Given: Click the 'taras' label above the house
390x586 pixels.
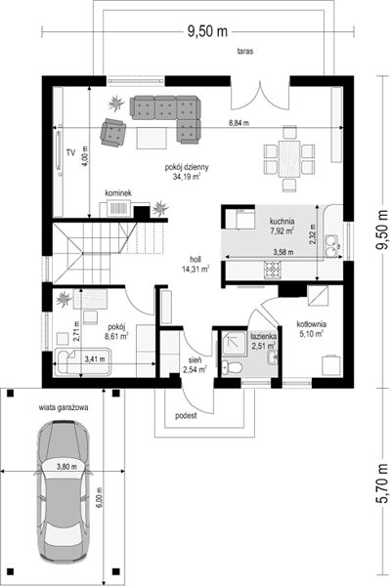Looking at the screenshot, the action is click(245, 51).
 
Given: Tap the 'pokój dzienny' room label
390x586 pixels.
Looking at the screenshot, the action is click(187, 167).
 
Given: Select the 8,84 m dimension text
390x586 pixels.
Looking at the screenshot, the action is click(239, 122).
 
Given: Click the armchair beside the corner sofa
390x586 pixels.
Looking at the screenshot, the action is click(113, 132).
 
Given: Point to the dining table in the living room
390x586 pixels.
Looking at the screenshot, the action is click(289, 158).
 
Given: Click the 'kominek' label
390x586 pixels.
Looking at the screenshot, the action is click(118, 193).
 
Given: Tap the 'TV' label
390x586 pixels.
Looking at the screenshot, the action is click(70, 152).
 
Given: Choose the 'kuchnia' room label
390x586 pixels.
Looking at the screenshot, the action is click(282, 221).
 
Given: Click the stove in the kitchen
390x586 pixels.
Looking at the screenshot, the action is click(273, 270).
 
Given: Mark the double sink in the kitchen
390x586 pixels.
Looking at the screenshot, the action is click(331, 247).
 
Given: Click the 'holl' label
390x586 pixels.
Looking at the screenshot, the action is click(195, 259).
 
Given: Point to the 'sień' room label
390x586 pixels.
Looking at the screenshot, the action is click(195, 360).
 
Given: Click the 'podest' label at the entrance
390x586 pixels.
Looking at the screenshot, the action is click(186, 416).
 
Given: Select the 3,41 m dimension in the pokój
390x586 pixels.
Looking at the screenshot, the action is click(95, 359).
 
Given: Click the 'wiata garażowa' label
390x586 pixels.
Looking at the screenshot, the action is click(64, 407).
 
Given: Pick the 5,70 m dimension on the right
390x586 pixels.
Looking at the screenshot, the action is click(382, 484).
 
